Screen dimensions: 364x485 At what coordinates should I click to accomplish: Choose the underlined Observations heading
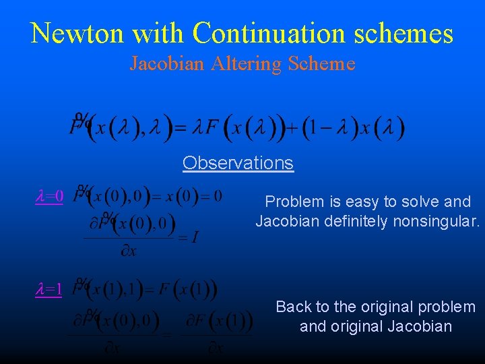(x=238, y=163)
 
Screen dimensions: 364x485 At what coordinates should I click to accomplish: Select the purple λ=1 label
(x=49, y=290)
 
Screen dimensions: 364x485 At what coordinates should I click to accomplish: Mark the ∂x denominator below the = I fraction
(x=128, y=251)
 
